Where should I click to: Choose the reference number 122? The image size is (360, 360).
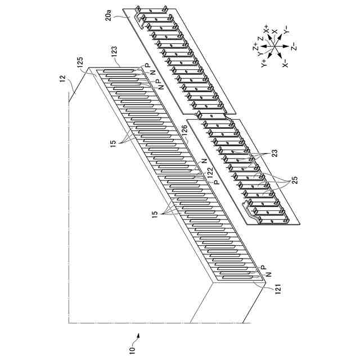pyautogui.click(x=210, y=178)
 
